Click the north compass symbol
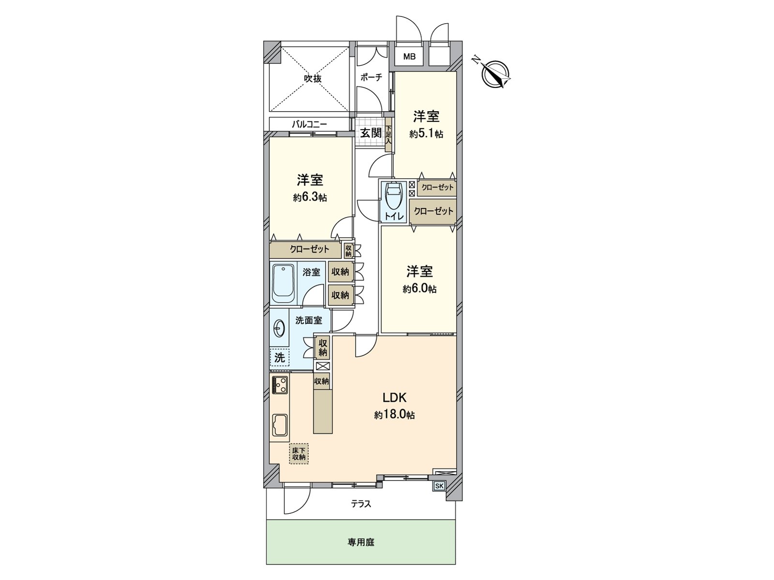[496, 72]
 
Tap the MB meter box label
[409, 57]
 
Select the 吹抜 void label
[313, 78]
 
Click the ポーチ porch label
[371, 77]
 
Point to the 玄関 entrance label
[371, 133]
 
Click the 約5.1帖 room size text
[426, 135]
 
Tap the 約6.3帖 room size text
[310, 198]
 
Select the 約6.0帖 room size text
[419, 289]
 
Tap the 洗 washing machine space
[280, 358]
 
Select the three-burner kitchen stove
[280, 385]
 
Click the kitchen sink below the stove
[280, 426]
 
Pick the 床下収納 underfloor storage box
[299, 454]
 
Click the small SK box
[439, 486]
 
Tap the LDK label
[394, 398]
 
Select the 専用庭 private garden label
[361, 542]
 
